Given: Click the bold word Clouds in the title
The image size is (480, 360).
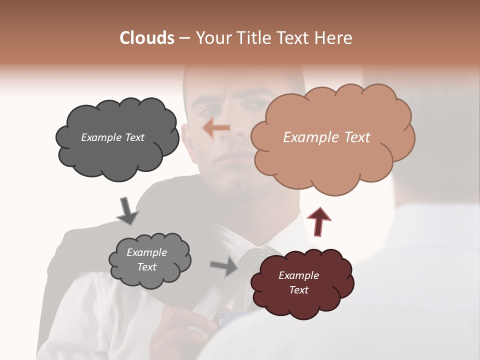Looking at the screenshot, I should (147, 38).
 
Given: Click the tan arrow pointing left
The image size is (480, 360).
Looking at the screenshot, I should (216, 128).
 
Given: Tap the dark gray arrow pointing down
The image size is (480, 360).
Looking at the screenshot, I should (127, 210).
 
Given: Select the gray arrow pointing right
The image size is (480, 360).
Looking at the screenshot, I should (224, 266).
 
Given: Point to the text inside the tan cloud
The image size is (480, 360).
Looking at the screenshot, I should (326, 137).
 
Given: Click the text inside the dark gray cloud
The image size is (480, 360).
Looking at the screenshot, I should (112, 137).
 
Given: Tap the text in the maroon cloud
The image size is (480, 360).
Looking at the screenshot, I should (298, 282).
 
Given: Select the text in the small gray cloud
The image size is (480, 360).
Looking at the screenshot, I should (146, 259).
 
